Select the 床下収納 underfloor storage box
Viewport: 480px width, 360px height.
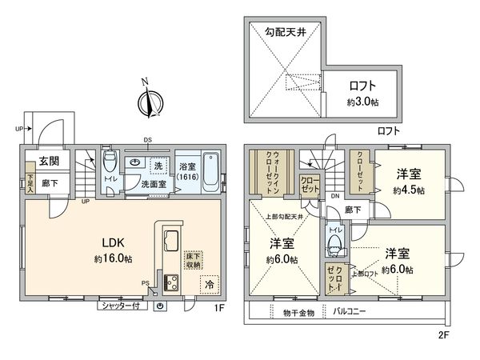193,261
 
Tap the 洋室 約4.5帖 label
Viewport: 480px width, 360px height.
408,182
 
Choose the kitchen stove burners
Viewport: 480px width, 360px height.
170,282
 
